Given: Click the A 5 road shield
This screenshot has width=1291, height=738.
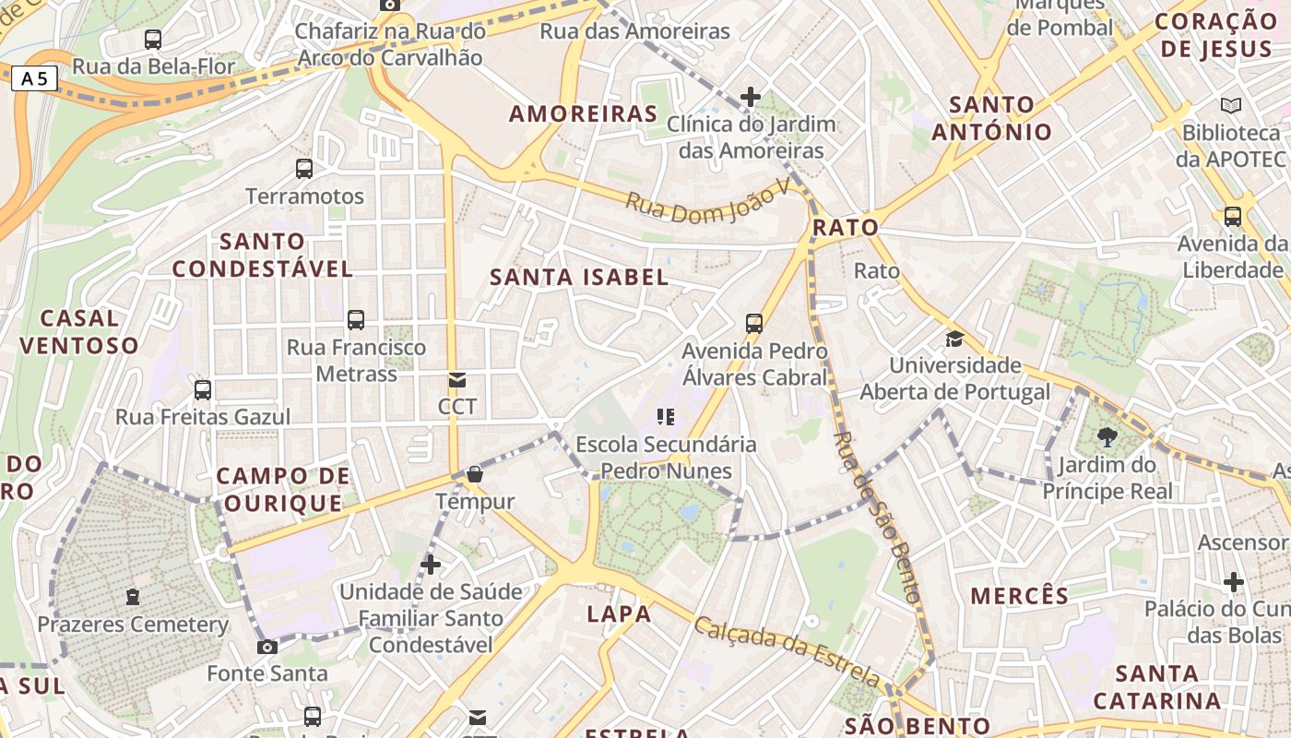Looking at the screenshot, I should click(x=35, y=79).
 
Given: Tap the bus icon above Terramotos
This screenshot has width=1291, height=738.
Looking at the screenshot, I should click(x=304, y=169).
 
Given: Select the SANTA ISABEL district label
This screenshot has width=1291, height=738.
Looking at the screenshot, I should click(x=579, y=277).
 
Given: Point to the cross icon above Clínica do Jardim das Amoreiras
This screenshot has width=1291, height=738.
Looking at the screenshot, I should click(x=751, y=97).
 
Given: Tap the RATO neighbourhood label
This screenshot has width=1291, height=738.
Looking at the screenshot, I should click(x=846, y=227).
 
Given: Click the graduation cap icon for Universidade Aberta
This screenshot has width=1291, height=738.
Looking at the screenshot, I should click(x=954, y=339).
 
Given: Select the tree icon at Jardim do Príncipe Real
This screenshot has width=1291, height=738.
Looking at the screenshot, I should click(x=1107, y=437).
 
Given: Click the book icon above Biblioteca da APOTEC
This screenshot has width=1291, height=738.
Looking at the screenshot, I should click(x=1230, y=105).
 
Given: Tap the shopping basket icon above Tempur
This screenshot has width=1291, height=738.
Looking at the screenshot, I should click(x=475, y=474).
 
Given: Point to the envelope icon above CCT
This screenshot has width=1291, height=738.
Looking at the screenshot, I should click(x=456, y=380).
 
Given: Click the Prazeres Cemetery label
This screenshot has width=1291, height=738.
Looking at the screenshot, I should click(x=133, y=625).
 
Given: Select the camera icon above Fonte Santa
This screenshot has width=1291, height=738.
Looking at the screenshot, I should click(x=267, y=647).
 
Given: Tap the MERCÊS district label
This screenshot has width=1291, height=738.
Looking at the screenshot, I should click(x=1019, y=596).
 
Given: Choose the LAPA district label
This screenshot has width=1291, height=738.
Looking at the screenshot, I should click(x=619, y=613).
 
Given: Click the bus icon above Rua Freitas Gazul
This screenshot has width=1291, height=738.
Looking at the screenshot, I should click(x=203, y=390).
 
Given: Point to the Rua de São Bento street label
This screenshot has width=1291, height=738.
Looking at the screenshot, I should click(x=877, y=517).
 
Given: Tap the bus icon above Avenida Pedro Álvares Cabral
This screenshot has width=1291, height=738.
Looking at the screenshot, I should click(x=754, y=323).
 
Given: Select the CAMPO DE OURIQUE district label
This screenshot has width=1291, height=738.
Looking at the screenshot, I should click(x=284, y=490).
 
